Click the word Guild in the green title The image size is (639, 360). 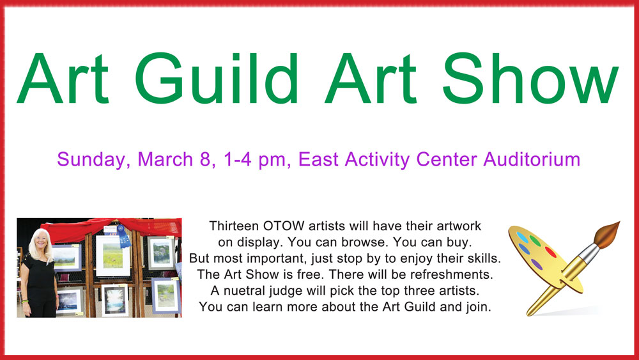point(216,78)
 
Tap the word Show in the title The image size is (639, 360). point(530,78)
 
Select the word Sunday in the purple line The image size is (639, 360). point(91,160)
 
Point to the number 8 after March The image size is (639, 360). point(205,159)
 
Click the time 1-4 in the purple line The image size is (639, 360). point(237,159)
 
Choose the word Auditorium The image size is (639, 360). point(532,159)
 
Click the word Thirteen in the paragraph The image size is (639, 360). point(234,226)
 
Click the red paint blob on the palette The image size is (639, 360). point(551,252)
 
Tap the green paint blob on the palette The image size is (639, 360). point(535,240)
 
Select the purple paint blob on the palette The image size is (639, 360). point(537,264)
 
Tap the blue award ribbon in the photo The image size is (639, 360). point(122,237)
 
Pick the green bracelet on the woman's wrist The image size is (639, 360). point(26,301)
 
